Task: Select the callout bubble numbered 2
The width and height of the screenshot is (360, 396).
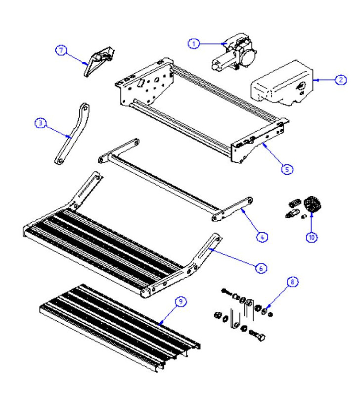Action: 340,80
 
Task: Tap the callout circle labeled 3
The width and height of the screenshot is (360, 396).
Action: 41,123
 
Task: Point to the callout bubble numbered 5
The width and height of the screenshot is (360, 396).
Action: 287,168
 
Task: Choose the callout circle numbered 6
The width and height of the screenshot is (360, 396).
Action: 262,267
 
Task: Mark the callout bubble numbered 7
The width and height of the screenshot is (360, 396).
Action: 61,49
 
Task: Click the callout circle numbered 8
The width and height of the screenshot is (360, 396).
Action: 292,282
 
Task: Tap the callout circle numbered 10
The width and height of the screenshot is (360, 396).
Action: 312,237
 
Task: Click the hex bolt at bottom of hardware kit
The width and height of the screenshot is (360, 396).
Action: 258,337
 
